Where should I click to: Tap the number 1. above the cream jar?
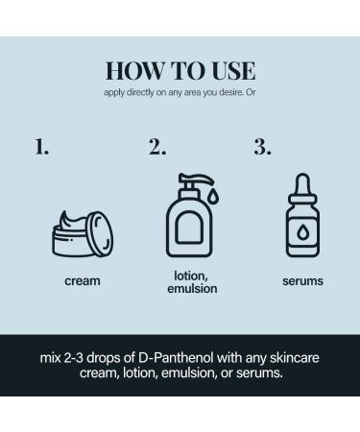coord(42,148)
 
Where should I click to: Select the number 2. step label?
coord(156,148)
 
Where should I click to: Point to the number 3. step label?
coord(262,148)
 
